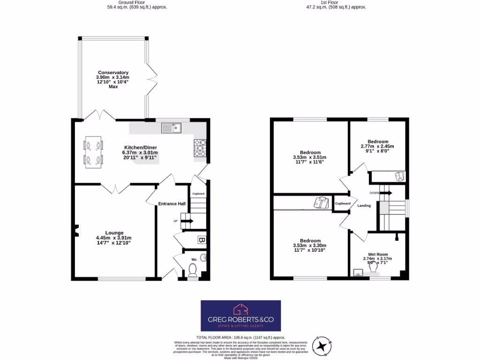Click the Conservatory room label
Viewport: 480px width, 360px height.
(113, 73)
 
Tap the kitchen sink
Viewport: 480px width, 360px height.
(171, 127)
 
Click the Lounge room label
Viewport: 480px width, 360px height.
(114, 232)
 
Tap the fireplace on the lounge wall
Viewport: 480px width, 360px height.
(77, 230)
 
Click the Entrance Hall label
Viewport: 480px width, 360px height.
(172, 204)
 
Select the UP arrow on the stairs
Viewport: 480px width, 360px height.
(187, 221)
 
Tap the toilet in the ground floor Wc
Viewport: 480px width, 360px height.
(192, 270)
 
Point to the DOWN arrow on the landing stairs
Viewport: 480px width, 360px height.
(387, 193)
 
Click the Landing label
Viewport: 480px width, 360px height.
(364, 206)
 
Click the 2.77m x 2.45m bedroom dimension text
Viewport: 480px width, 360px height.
(377, 147)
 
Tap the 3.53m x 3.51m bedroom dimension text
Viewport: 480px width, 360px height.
(309, 157)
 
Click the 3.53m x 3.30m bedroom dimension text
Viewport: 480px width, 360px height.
(309, 245)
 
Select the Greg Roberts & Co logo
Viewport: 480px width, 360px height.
(240, 315)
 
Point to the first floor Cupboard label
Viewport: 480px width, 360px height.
(343, 203)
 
